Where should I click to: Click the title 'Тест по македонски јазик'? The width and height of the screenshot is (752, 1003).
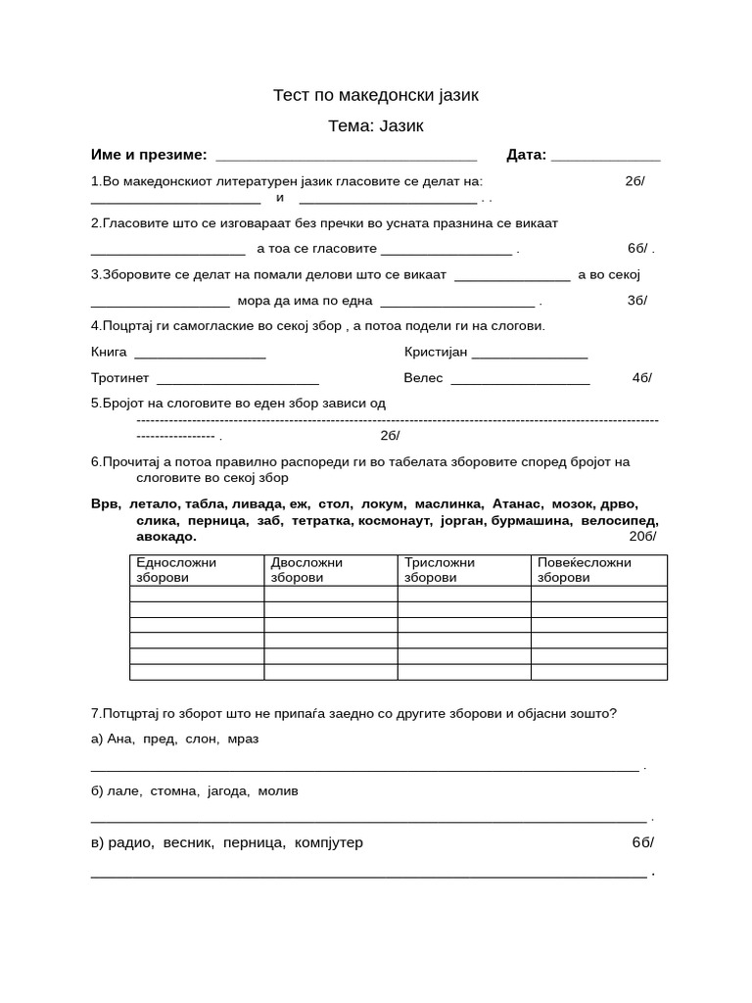coord(375,95)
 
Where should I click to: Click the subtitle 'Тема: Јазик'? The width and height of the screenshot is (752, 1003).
coord(375,126)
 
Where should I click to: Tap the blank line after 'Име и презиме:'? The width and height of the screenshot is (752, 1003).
coord(346,156)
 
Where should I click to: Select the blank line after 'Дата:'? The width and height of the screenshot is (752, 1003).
coord(606,156)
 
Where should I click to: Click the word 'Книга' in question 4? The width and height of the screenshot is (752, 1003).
coord(109,352)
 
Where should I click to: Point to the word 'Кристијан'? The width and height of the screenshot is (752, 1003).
coord(436,352)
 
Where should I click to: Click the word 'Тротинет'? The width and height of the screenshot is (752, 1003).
coord(119,378)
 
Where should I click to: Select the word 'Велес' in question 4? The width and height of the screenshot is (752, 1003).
coord(423,378)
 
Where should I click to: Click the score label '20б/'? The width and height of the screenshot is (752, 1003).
coord(642,537)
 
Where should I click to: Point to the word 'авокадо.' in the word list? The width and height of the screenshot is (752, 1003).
coord(166,537)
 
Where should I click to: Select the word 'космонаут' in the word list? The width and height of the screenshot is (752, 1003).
coord(395,521)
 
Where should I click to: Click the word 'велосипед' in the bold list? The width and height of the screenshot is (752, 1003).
coord(619,521)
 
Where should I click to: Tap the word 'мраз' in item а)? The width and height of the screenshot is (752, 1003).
coord(243,739)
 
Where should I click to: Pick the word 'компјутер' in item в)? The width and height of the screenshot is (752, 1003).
coord(328,842)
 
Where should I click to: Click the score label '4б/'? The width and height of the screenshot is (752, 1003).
coord(641,378)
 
